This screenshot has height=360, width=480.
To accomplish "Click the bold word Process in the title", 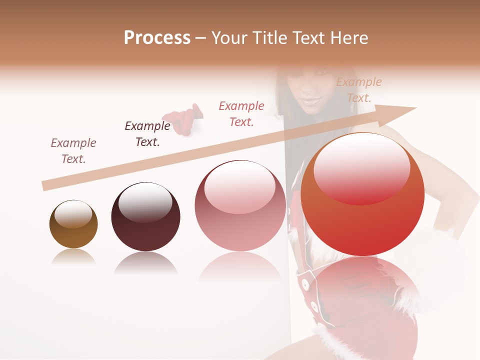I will click(x=157, y=38).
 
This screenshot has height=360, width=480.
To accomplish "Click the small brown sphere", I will click(x=73, y=224).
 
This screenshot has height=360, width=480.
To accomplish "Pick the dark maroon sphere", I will click(x=145, y=216).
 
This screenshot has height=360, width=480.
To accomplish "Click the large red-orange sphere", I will click(x=362, y=194).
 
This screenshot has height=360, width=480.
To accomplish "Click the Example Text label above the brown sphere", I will click(x=73, y=151).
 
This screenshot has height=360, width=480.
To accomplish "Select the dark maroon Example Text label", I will click(x=147, y=134).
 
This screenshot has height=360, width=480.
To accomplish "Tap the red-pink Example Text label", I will click(x=241, y=113).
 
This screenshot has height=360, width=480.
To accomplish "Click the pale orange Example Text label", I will click(x=358, y=90).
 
